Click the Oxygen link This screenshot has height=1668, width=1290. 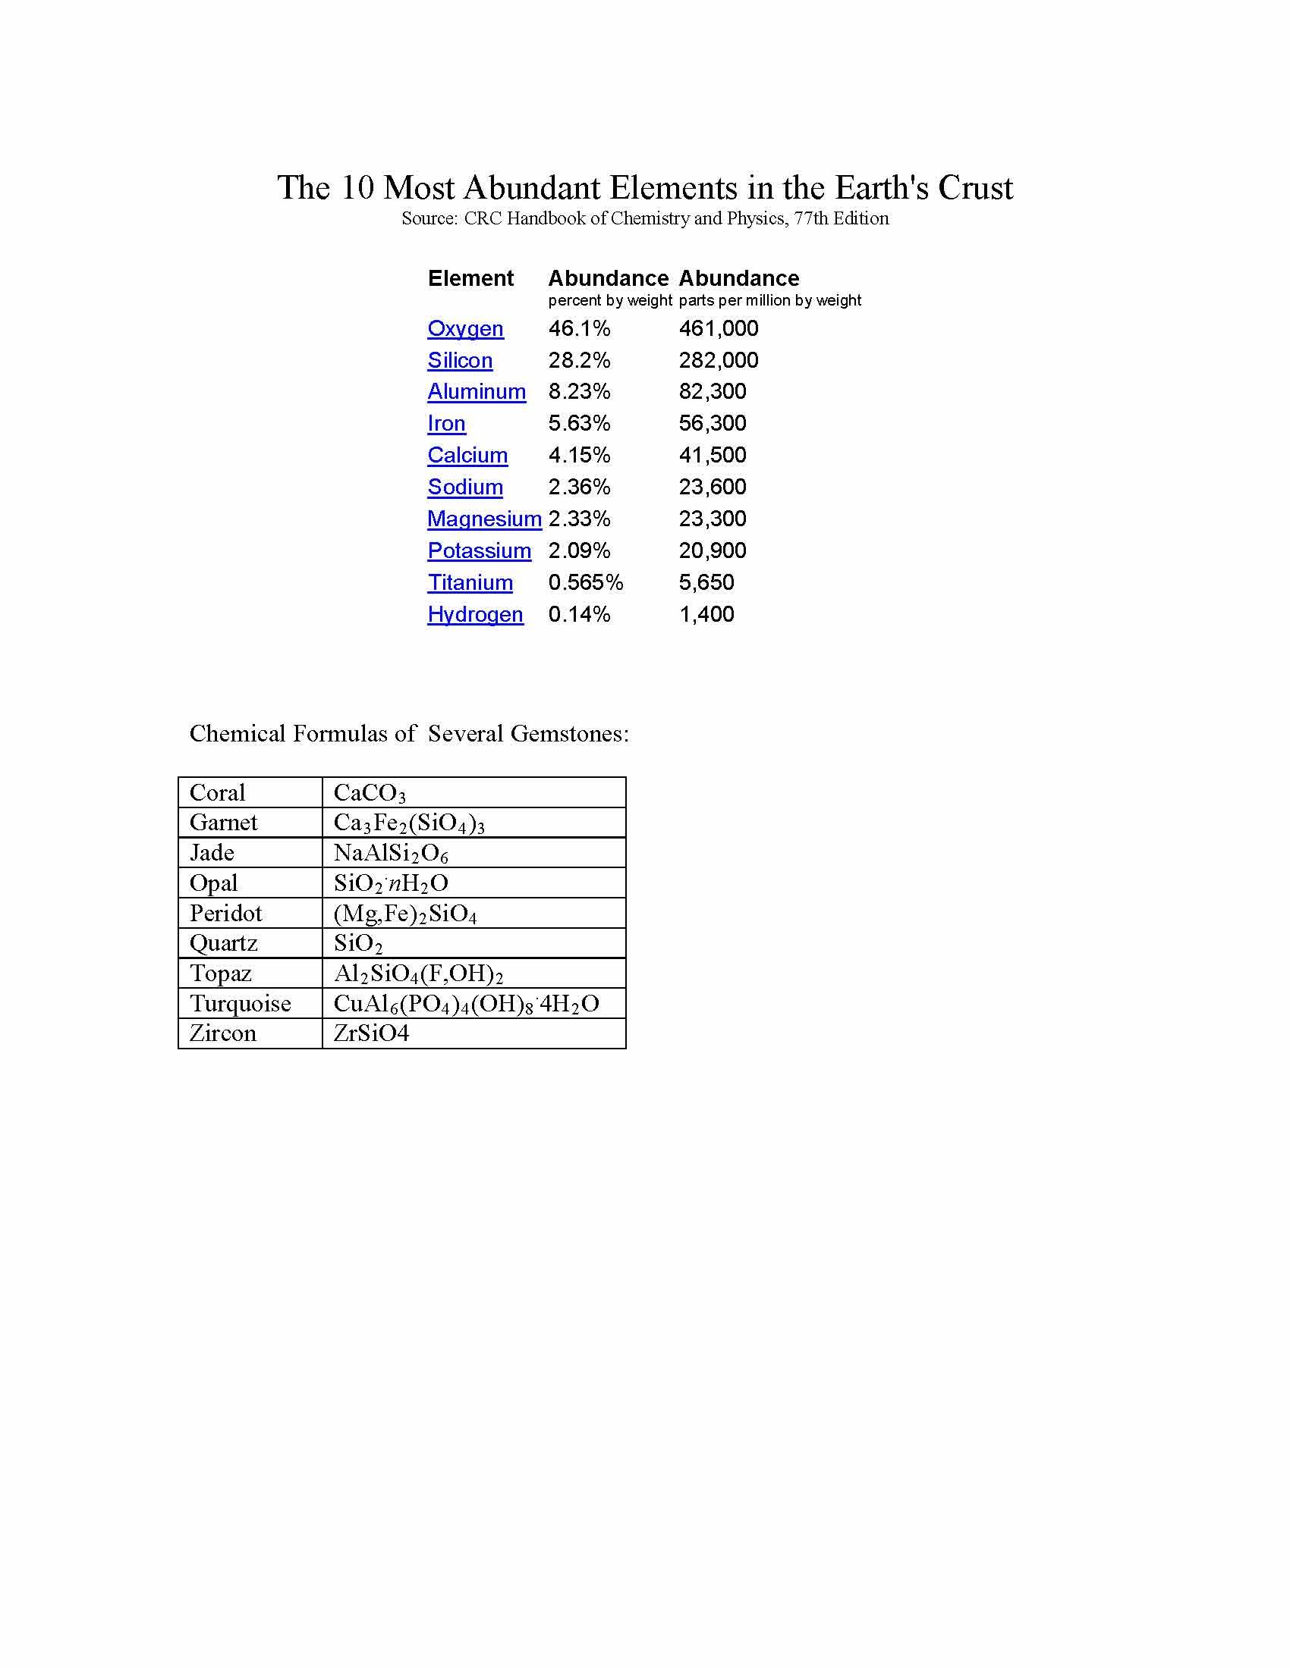pyautogui.click(x=464, y=328)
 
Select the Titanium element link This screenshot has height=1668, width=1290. pyautogui.click(x=469, y=583)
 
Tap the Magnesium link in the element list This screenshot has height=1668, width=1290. pyautogui.click(x=484, y=519)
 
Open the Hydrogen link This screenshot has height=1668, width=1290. pyautogui.click(x=474, y=614)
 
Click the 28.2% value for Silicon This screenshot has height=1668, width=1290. pyautogui.click(x=578, y=360)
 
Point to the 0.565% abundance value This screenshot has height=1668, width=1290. pyautogui.click(x=585, y=583)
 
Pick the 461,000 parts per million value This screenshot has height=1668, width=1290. pyautogui.click(x=719, y=328)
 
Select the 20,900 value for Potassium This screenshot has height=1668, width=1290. pyautogui.click(x=713, y=550)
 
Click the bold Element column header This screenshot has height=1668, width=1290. pyautogui.click(x=470, y=278)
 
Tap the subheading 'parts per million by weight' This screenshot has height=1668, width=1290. pyautogui.click(x=769, y=300)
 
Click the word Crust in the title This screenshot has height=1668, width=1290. pyautogui.click(x=975, y=188)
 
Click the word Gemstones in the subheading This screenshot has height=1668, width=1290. pyautogui.click(x=565, y=734)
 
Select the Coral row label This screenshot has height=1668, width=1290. pyautogui.click(x=217, y=793)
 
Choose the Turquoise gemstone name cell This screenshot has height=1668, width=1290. pyautogui.click(x=240, y=1004)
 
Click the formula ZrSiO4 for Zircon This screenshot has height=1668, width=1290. pyautogui.click(x=371, y=1033)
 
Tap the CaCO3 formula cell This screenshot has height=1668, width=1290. pyautogui.click(x=369, y=794)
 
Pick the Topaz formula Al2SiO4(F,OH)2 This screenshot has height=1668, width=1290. pyautogui.click(x=418, y=974)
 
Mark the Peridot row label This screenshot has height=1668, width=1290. pyautogui.click(x=225, y=914)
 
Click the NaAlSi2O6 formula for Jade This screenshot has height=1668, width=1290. pyautogui.click(x=391, y=853)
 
